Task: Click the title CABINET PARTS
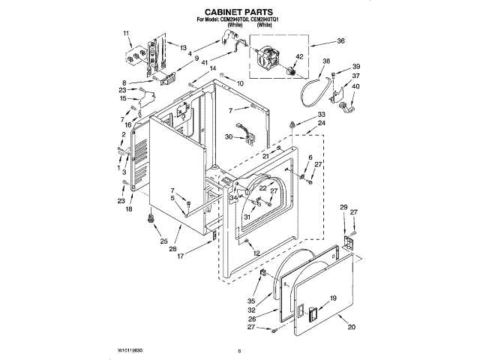click(239, 13)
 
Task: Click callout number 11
click(126, 34)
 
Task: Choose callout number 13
click(182, 46)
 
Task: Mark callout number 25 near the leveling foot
click(163, 241)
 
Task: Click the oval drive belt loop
click(309, 91)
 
